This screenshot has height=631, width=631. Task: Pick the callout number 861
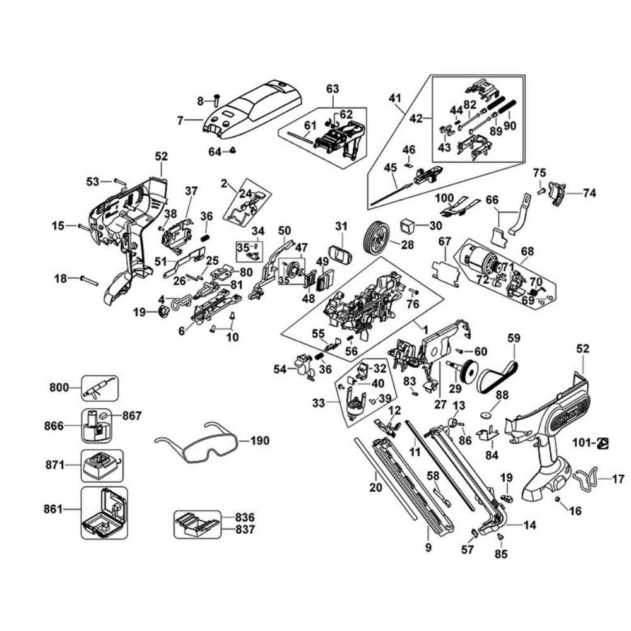click(59, 508)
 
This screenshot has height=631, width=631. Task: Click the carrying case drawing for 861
click(103, 512)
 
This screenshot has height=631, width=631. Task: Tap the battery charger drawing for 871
click(101, 466)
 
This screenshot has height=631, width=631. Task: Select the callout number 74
click(589, 194)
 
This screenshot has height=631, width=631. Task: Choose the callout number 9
click(428, 548)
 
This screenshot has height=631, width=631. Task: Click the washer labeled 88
click(485, 415)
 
